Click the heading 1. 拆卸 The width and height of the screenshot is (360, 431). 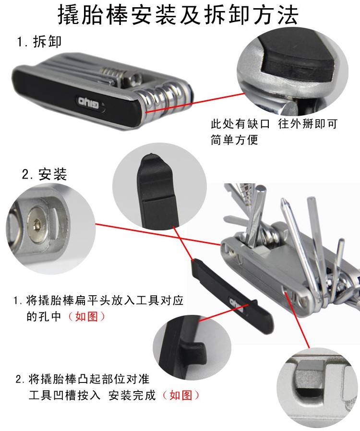39,41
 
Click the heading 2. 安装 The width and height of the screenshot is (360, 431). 44,174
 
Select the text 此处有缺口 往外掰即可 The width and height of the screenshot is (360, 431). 274,124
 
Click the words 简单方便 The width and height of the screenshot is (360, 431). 234,140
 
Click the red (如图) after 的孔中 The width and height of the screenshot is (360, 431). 86,316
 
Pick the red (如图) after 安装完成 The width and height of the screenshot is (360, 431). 181,395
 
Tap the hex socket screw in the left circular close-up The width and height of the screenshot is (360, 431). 37,225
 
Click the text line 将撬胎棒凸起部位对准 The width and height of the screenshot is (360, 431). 89,379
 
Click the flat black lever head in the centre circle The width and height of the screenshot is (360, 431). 158,190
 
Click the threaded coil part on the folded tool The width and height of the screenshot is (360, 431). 113,74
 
